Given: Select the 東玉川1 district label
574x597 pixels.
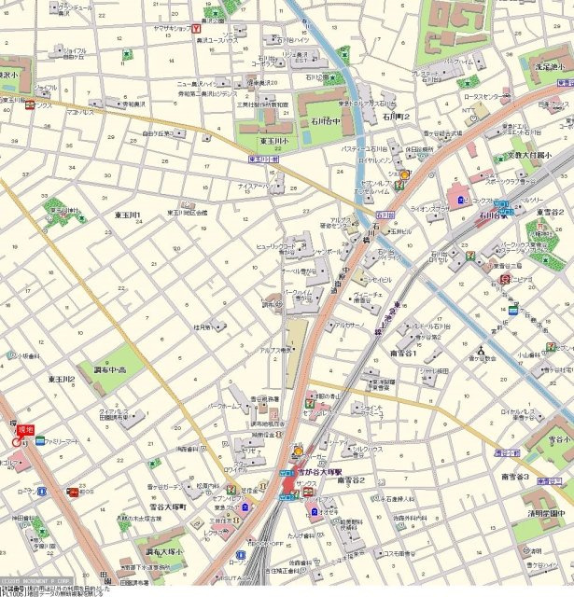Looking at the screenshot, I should tap(127, 215).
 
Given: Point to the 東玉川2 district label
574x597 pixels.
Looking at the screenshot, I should tap(63, 380).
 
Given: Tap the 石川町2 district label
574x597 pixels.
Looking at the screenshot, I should tap(396, 117).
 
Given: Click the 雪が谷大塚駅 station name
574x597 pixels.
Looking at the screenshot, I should tap(323, 474).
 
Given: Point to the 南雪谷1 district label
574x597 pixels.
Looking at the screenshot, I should tap(403, 354).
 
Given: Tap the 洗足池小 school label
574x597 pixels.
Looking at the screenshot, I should tap(545, 68).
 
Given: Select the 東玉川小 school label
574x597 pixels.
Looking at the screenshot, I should tap(278, 140).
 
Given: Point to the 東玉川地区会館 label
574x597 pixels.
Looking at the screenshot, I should tap(187, 213).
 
